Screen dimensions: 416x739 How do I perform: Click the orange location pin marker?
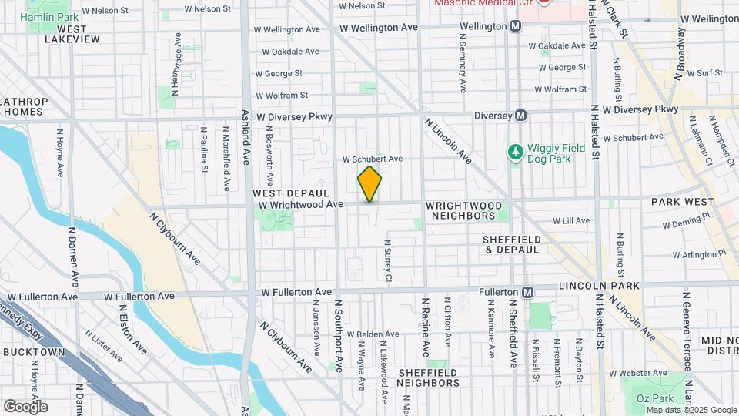click(x=369, y=184)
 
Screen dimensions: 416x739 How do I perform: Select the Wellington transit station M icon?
click(x=516, y=26)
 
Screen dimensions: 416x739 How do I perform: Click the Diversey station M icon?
click(x=521, y=116)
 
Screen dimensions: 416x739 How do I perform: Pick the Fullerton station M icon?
click(x=527, y=293)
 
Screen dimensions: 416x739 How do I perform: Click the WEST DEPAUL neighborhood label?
click(x=291, y=193)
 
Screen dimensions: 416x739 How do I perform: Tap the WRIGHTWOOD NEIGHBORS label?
click(x=464, y=211)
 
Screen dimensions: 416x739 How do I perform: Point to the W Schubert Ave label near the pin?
click(x=373, y=159)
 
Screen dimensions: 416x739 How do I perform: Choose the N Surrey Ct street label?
click(x=389, y=262)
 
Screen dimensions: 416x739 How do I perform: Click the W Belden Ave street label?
click(x=373, y=334)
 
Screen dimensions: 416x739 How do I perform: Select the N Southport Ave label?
click(x=337, y=339)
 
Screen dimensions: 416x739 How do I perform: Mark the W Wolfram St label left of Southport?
click(x=282, y=96)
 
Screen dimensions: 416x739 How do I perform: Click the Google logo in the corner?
click(x=25, y=406)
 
